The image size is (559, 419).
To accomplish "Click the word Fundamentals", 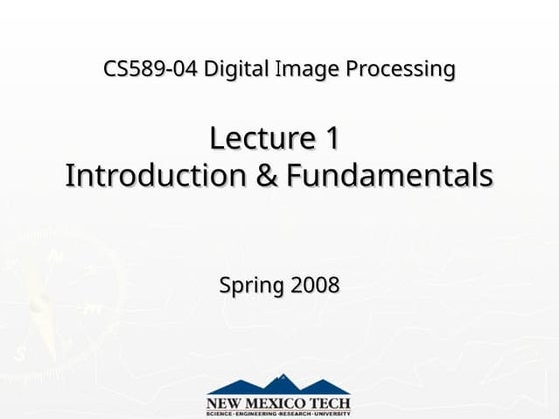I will coord(390,175).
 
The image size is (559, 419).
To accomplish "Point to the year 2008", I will coord(315,285).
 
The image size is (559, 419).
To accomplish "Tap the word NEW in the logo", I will coord(225,403).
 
